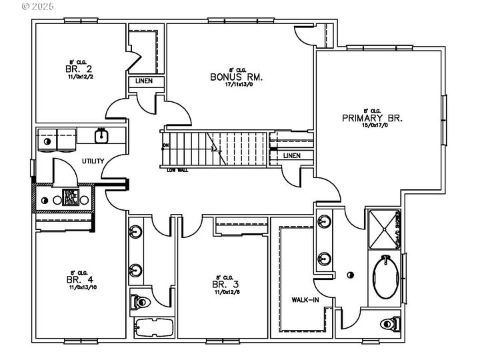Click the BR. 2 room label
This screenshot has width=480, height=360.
(75, 69)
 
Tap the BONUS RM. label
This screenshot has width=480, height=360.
(236, 77)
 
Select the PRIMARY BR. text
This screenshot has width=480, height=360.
(373, 118)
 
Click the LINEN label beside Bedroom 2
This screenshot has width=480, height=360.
(144, 81)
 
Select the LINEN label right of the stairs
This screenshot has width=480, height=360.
(291, 156)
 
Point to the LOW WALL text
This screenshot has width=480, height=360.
(177, 171)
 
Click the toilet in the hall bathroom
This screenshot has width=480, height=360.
(141, 302)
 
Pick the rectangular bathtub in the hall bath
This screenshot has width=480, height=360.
(154, 327)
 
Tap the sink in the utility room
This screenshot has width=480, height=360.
(102, 136)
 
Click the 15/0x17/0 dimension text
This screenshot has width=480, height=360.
(373, 126)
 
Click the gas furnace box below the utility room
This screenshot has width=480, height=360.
(71, 198)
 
